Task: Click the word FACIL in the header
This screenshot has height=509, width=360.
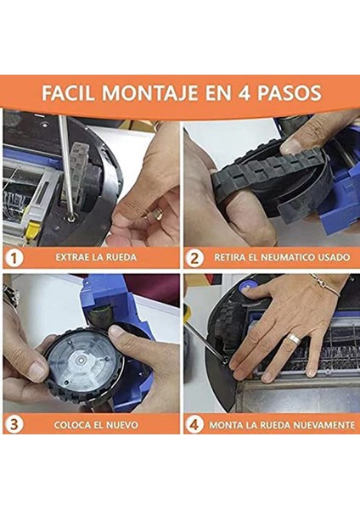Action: coord(70,92)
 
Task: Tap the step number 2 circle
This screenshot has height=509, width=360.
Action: coord(194,256)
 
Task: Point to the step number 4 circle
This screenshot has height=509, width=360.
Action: coord(194,423)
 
